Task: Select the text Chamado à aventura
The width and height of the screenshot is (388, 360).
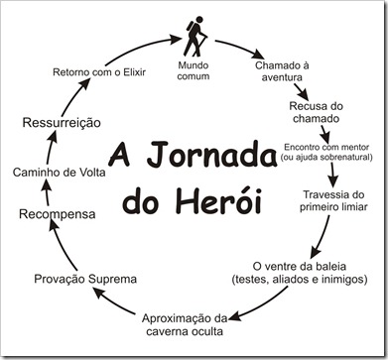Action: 284,71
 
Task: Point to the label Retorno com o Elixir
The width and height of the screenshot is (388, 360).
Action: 98,72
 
